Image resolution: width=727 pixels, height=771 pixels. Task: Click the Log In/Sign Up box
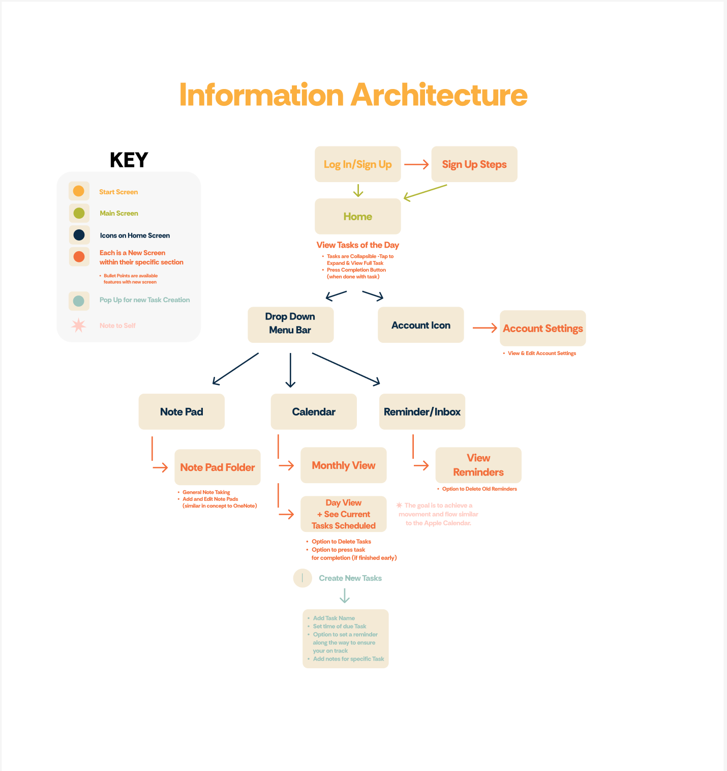[357, 164]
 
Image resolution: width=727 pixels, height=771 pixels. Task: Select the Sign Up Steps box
[474, 164]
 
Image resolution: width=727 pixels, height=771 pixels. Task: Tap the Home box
[357, 217]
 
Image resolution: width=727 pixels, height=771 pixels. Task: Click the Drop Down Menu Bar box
[290, 324]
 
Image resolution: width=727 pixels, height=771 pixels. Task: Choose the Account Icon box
[420, 325]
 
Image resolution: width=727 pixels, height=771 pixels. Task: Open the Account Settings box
[542, 329]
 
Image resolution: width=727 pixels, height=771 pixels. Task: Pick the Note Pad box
[181, 411]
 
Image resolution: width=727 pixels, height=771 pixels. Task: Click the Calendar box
[314, 411]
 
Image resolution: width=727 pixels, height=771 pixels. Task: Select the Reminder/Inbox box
[422, 411]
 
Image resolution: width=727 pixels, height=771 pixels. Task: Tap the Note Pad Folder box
[217, 467]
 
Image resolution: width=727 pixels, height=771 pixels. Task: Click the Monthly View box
[343, 465]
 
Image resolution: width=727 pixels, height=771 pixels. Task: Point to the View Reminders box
[478, 465]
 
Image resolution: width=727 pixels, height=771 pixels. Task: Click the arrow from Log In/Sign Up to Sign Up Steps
[416, 164]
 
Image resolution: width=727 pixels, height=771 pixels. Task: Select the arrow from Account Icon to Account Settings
[484, 328]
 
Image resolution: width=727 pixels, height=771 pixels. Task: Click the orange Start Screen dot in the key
[79, 191]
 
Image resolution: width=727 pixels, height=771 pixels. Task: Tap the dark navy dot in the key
[79, 235]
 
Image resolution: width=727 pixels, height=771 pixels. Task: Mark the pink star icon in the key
[78, 325]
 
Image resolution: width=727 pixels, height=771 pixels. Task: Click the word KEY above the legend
[129, 160]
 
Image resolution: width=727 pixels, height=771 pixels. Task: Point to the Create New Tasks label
[350, 578]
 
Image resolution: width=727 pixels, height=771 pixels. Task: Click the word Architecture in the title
[439, 95]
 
